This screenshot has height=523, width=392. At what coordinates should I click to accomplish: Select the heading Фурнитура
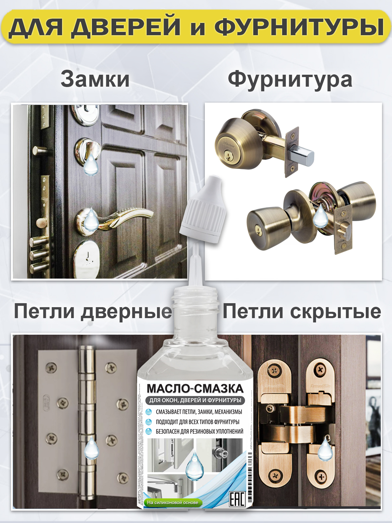[x=290, y=80]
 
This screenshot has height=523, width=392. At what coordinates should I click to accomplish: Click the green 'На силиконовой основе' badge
[x=173, y=503]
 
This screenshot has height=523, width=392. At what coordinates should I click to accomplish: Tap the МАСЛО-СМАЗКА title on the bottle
[x=195, y=389]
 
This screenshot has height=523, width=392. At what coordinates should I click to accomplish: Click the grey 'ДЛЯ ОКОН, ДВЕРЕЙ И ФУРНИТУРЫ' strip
[x=195, y=400]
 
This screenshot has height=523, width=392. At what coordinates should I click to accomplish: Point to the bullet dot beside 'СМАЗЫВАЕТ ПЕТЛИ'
[x=149, y=412]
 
